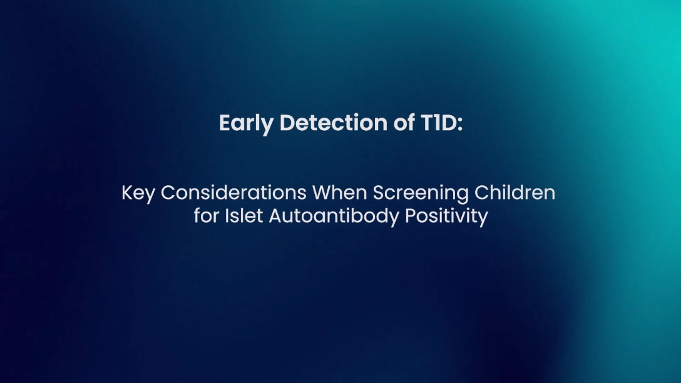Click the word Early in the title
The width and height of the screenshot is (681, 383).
tap(246, 123)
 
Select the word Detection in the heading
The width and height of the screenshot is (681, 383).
tap(334, 123)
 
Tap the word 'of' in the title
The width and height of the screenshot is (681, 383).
tap(404, 122)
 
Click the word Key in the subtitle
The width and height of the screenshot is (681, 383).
tap(138, 193)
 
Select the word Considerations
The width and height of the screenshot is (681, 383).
tap(233, 193)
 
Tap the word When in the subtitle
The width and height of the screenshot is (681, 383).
tap(339, 193)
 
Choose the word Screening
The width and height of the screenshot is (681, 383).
tap(421, 193)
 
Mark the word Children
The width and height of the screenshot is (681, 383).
tap(515, 193)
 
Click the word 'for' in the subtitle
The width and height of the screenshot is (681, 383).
tap(207, 216)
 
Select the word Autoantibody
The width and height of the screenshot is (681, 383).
tap(334, 217)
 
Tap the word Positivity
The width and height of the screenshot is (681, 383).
tap(446, 217)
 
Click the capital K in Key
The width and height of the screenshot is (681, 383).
tap(127, 193)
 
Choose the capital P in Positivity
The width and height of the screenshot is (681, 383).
tap(410, 216)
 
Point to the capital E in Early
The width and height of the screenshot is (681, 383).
tap(225, 123)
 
